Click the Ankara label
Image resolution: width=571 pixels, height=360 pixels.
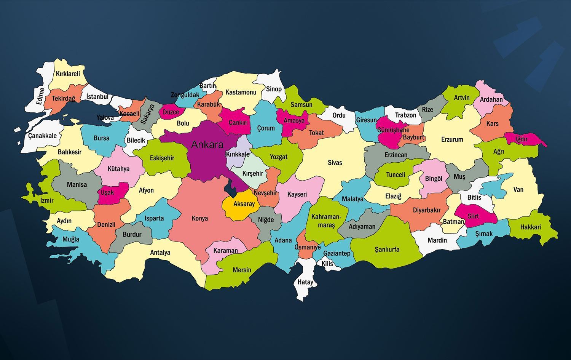[207, 144]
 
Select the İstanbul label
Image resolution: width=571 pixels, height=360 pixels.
[97, 97]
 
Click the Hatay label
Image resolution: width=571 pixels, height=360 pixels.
[305, 282]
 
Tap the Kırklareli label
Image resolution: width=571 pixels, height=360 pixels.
[68, 74]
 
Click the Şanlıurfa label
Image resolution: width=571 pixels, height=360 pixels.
[387, 250]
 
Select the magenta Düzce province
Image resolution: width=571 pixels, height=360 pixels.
[171, 112]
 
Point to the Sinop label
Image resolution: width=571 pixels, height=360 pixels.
[274, 89]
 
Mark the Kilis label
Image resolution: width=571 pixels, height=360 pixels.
[327, 263]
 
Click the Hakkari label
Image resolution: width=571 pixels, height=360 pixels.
[530, 227]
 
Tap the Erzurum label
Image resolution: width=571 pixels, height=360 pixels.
[452, 139]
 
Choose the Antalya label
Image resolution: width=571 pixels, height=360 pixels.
[160, 253]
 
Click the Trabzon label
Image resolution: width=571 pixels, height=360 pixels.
[405, 115]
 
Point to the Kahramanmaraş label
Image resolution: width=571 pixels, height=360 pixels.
[326, 221]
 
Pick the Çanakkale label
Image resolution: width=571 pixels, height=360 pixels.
[42, 136]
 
